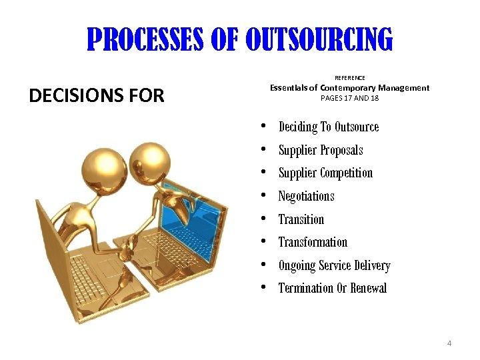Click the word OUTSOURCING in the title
click(319, 39)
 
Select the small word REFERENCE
click(349, 78)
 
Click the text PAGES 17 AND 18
click(349, 97)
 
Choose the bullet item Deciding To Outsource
click(328, 127)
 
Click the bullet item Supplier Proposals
click(320, 150)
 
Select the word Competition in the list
click(347, 173)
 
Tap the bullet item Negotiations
click(306, 196)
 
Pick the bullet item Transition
click(301, 219)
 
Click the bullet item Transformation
click(313, 242)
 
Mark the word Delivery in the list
click(372, 265)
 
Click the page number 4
click(449, 343)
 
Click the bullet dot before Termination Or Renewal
click(265, 287)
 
